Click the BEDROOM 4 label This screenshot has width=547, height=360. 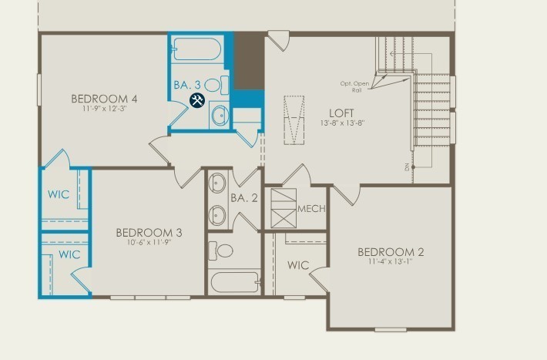(104, 99)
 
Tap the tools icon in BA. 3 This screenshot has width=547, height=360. (197, 100)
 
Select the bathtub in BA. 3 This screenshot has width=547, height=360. (197, 51)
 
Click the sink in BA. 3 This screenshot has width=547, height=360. (219, 116)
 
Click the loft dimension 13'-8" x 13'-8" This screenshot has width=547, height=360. (341, 123)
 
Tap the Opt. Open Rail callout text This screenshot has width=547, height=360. (355, 85)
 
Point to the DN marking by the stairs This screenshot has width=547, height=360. (405, 167)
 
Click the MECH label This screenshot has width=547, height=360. (311, 209)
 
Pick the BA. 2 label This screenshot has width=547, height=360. (243, 197)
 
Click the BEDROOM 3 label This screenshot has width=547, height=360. (149, 233)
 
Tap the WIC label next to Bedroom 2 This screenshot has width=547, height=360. (298, 265)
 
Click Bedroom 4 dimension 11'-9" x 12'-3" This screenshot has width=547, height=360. (104, 109)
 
